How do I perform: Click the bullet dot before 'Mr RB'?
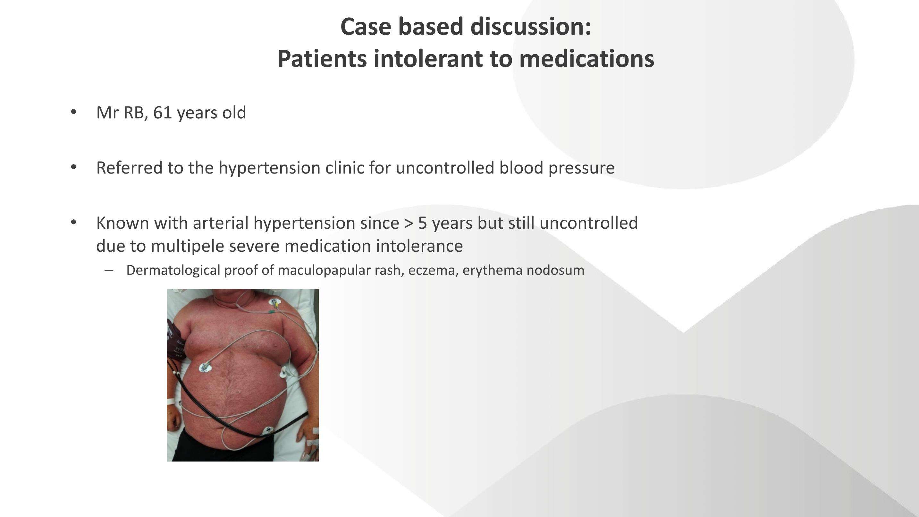click(x=73, y=112)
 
